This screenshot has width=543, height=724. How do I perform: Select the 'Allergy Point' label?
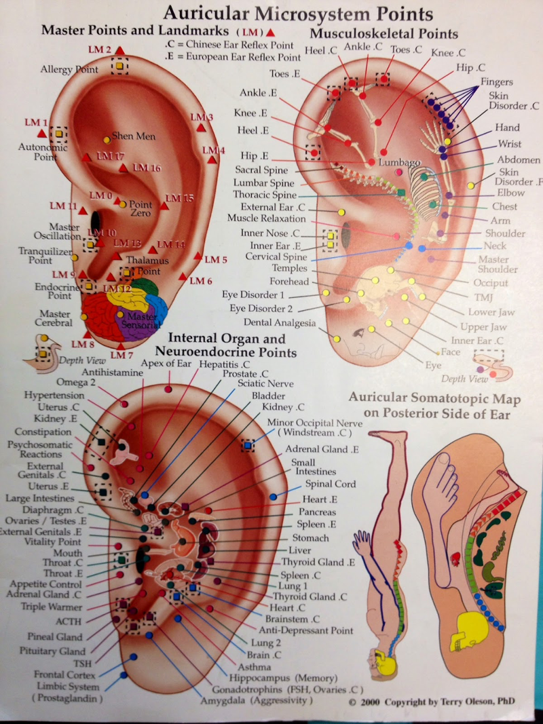pyautogui.click(x=69, y=70)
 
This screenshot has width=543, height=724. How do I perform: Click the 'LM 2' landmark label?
pyautogui.click(x=99, y=50)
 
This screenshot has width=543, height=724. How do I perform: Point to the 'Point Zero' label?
pyautogui.click(x=141, y=209)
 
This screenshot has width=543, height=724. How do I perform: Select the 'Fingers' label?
pyautogui.click(x=497, y=82)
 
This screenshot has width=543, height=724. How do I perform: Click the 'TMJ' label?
pyautogui.click(x=481, y=297)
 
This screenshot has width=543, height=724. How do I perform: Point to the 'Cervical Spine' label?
pyautogui.click(x=276, y=258)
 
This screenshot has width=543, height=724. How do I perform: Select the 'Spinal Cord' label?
pyautogui.click(x=330, y=484)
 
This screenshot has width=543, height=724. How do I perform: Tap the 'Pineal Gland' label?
pyautogui.click(x=55, y=637)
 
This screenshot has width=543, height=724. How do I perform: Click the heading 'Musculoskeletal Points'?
pyautogui.click(x=383, y=34)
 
